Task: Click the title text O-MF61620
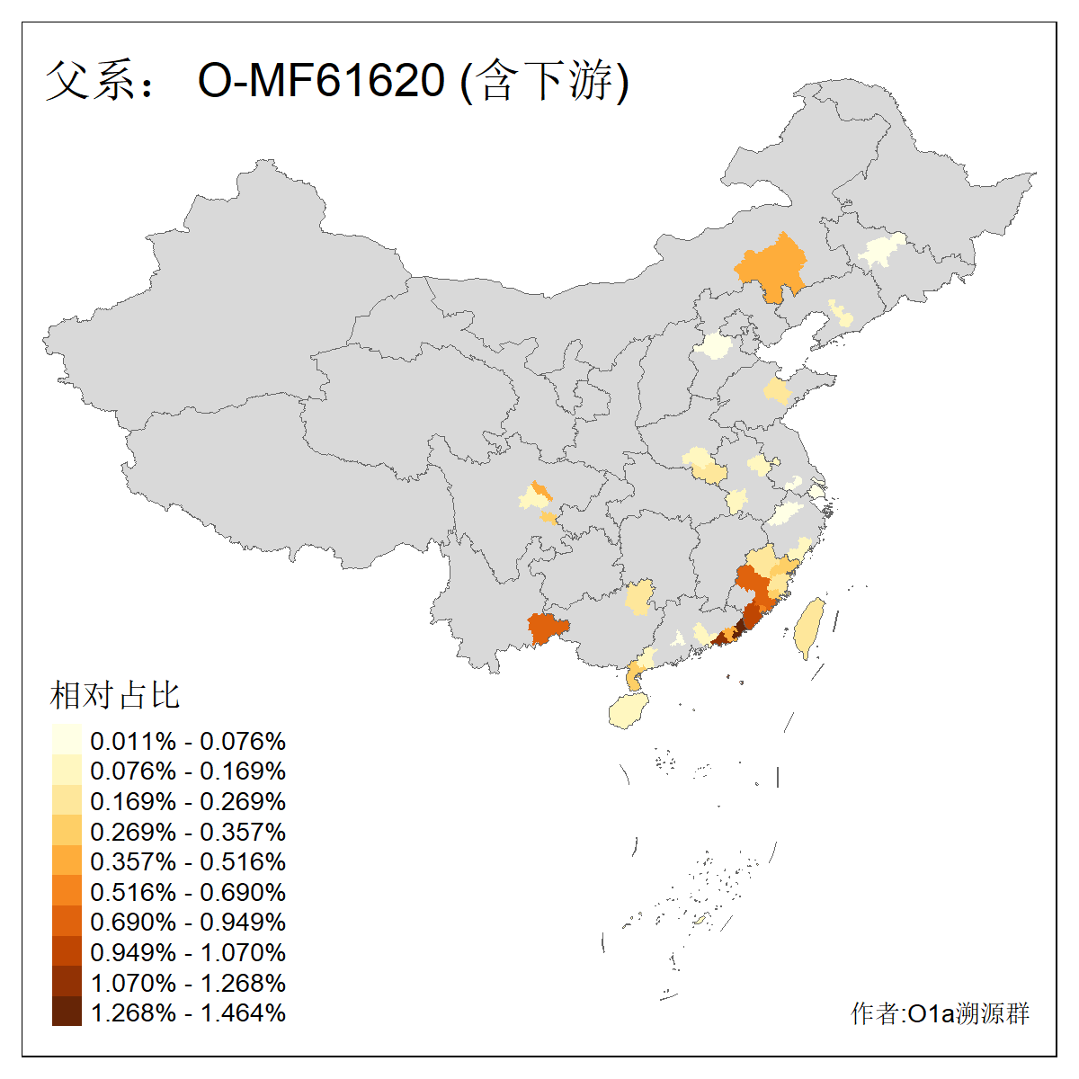pos(321,81)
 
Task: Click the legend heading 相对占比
pos(115,695)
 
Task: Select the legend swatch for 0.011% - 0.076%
pos(67,741)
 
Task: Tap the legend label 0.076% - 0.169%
pos(188,771)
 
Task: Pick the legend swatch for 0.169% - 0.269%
pos(67,801)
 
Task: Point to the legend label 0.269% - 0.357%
pos(188,832)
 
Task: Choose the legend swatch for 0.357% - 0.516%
pos(67,861)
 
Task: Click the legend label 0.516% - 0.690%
pos(188,892)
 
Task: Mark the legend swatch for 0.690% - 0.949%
pos(67,922)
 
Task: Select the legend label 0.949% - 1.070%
pos(188,952)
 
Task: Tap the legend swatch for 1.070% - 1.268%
pos(67,982)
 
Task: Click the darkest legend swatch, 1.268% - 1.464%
pos(67,1012)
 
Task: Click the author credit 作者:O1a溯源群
pos(940,1013)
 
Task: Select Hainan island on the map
pos(629,710)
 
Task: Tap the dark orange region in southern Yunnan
pos(548,629)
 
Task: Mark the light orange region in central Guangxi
pos(639,598)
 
